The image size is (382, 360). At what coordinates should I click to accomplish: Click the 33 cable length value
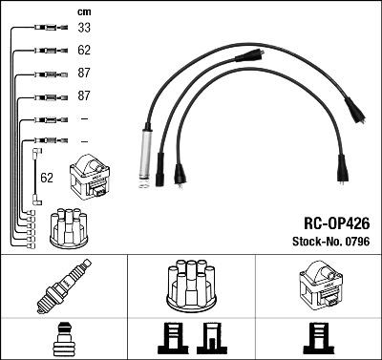tap(84, 28)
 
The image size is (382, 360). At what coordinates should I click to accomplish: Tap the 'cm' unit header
tap(84, 11)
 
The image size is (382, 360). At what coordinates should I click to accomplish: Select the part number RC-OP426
tap(337, 223)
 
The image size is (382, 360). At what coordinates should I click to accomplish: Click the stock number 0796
tap(357, 242)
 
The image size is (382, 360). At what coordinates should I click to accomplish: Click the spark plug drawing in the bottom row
tap(64, 286)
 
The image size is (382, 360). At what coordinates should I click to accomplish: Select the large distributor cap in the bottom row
tap(191, 286)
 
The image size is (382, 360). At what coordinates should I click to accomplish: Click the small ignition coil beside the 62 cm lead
tap(90, 177)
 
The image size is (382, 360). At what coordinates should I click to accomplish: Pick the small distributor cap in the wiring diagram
tap(69, 228)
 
